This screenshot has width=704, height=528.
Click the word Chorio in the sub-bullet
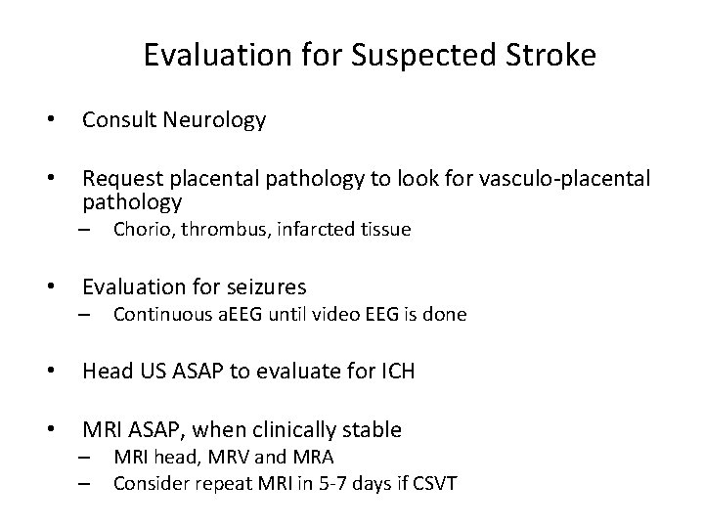tap(139, 231)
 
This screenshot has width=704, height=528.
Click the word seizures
tap(264, 287)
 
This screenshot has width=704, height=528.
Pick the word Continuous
tap(157, 315)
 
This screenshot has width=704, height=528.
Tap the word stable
tap(373, 429)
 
